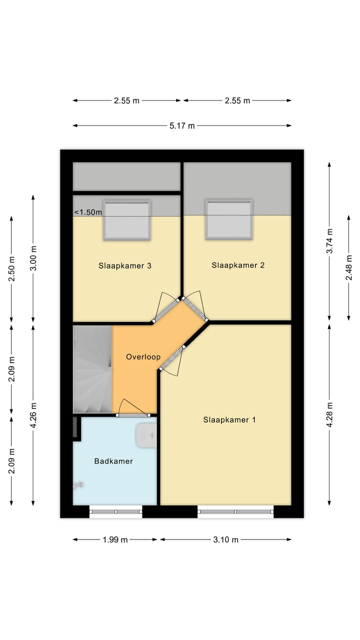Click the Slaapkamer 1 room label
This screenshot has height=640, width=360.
pyautogui.click(x=229, y=419)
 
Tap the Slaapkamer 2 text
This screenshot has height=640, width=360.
pyautogui.click(x=237, y=265)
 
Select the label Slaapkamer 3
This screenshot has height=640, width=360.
pyautogui.click(x=124, y=265)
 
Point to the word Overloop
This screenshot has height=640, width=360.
pyautogui.click(x=143, y=357)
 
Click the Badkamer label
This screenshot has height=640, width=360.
pyautogui.click(x=113, y=461)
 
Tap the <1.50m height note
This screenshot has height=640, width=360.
pyautogui.click(x=88, y=212)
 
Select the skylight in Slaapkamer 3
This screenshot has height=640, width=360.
pyautogui.click(x=127, y=220)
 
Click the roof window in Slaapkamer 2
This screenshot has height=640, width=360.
pyautogui.click(x=228, y=219)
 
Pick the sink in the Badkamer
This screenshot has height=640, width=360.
pyautogui.click(x=146, y=435)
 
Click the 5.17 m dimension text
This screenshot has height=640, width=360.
pyautogui.click(x=182, y=126)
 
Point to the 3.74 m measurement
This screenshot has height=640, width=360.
pyautogui.click(x=329, y=241)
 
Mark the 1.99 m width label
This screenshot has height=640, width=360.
pyautogui.click(x=115, y=539)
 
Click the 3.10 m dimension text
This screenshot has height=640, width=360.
pyautogui.click(x=225, y=539)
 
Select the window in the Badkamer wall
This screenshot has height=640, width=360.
pyautogui.click(x=116, y=511)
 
